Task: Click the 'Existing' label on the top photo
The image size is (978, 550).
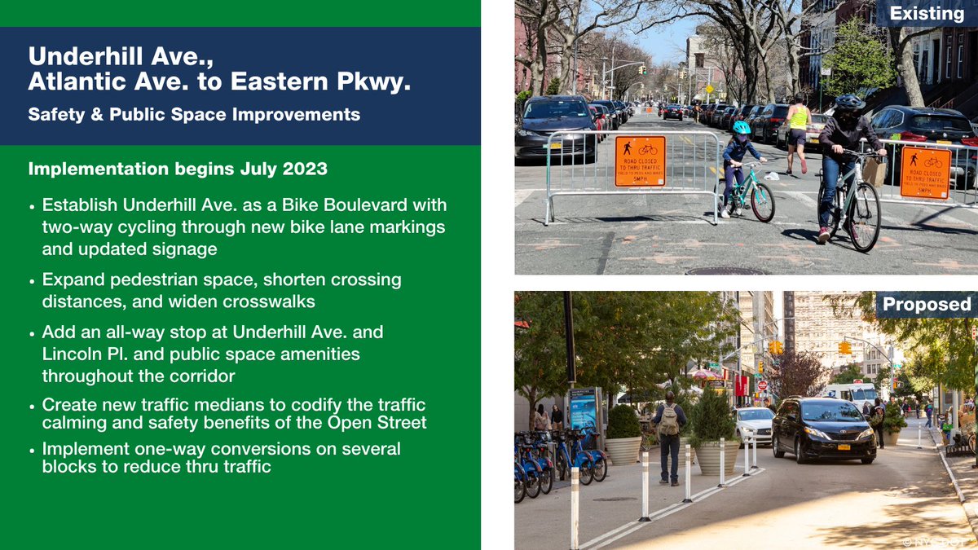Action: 927,13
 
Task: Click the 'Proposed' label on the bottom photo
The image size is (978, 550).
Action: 927,304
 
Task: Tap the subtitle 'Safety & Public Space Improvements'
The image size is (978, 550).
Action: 194,114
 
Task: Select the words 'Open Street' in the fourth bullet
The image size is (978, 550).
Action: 381,422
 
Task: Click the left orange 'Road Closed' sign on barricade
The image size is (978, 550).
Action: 640,161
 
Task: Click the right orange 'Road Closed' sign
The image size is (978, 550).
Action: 925,172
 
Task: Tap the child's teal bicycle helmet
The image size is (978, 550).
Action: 741,127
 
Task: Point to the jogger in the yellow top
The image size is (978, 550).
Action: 798,130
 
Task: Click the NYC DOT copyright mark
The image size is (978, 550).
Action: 937,540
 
